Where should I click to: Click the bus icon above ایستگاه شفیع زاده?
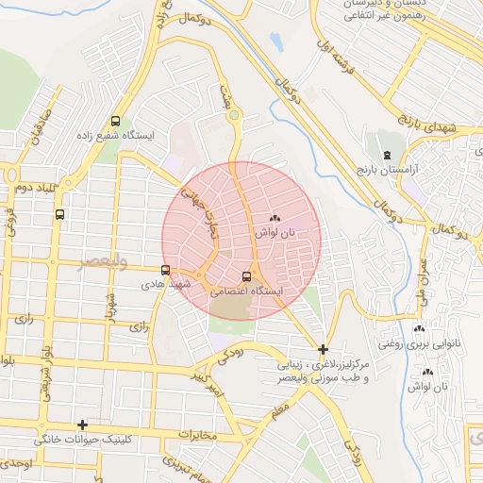tap(116, 121)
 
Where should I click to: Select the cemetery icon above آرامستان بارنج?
tap(385, 154)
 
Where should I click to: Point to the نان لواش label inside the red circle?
tap(277, 232)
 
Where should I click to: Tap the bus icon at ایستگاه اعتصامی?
tap(247, 276)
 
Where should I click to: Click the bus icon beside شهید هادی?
tap(166, 271)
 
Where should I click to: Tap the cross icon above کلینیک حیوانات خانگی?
tap(83, 425)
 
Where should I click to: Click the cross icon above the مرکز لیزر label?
tap(324, 349)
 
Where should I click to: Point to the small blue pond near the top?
tap(275, 42)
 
